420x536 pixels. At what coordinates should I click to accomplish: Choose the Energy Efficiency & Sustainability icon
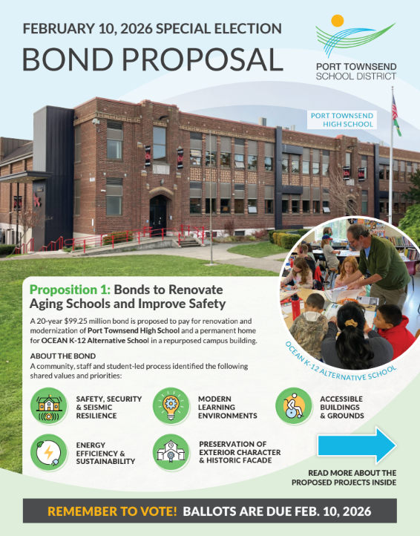point(49,451)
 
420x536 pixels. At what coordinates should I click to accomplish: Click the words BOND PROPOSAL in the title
point(151,59)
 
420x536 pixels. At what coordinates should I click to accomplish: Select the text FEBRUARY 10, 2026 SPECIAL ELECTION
point(152,28)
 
